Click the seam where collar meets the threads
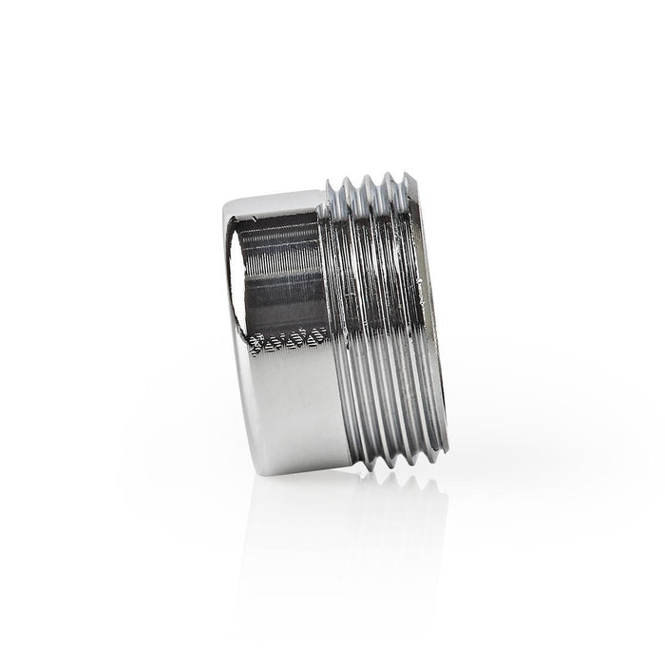(x=321, y=323)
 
